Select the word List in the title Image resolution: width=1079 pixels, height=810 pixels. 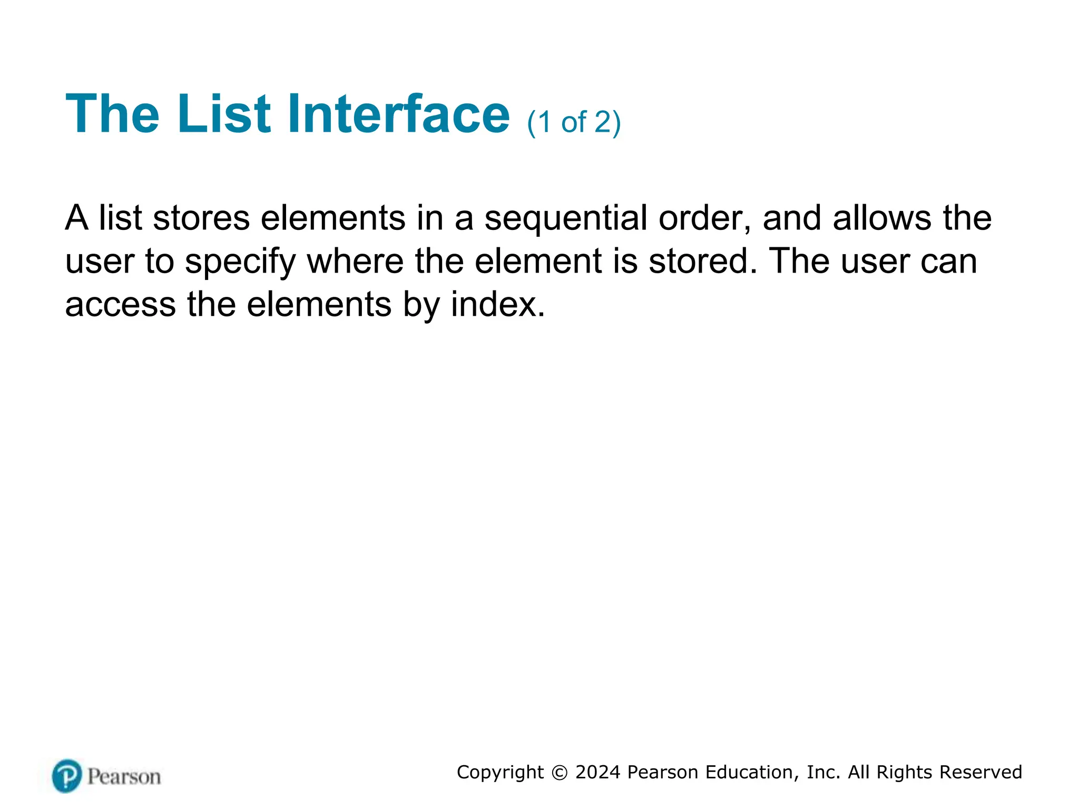224,114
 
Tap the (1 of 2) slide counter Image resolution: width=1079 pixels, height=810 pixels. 574,122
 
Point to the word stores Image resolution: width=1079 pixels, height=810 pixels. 201,218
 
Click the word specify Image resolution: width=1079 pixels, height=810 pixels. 241,262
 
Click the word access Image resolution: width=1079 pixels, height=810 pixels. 120,305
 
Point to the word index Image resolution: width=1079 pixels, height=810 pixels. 497,305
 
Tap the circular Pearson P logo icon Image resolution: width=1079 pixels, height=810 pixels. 67,776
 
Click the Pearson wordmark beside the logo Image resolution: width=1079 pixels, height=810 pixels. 124,777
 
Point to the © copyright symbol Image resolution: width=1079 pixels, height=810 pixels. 560,773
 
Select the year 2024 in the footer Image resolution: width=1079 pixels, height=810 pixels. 597,773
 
